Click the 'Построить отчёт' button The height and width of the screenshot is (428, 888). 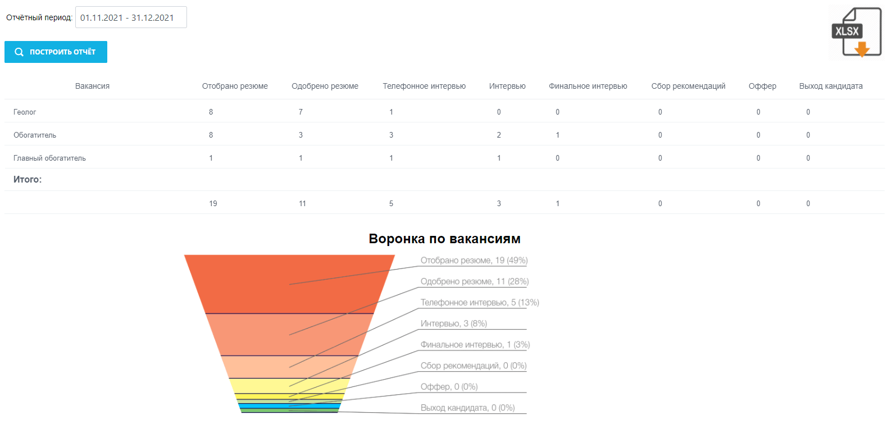[56, 52]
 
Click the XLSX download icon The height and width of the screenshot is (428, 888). [856, 33]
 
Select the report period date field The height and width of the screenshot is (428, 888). [131, 17]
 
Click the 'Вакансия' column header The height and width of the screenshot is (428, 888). [92, 86]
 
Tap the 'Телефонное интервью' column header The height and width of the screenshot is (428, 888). [424, 86]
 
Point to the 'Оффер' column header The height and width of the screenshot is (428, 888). [762, 86]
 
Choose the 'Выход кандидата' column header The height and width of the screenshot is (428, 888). [831, 86]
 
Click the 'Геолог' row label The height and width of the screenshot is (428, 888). [25, 112]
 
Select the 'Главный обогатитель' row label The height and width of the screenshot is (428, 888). [49, 158]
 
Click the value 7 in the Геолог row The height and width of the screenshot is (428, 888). [300, 112]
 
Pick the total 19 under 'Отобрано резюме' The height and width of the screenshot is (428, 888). [213, 203]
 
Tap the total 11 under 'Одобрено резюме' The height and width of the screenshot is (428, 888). [302, 203]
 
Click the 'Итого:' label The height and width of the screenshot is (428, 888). [28, 180]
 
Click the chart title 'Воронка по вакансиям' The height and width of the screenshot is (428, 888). [444, 239]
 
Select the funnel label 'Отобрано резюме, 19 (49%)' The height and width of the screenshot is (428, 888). [474, 261]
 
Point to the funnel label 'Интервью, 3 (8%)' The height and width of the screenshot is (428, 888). [454, 324]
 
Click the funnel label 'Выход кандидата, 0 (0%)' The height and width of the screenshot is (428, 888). [467, 408]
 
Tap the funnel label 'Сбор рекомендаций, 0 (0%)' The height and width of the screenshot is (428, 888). [473, 366]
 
